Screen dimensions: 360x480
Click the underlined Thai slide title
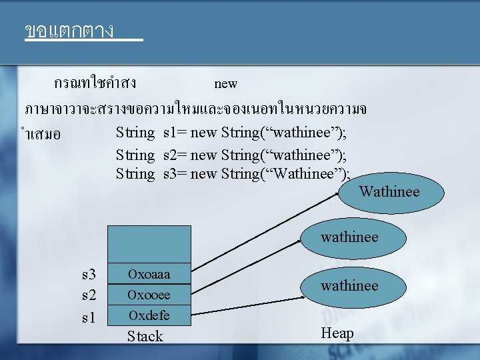69,31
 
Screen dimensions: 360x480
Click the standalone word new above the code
225,83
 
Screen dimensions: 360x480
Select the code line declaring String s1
231,132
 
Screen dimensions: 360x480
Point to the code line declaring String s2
231,155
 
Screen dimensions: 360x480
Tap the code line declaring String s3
232,174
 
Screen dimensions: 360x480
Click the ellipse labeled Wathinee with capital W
390,193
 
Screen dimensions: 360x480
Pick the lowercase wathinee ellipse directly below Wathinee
349,237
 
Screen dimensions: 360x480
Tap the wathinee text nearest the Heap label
349,286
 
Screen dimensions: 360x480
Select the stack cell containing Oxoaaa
149,274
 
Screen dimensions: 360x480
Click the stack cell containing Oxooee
149,295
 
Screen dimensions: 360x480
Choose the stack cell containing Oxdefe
149,315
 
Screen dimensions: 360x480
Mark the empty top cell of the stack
149,243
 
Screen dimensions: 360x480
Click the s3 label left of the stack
89,275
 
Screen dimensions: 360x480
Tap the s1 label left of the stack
89,318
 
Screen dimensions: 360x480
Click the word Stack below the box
145,336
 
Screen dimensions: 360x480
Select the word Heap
337,333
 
